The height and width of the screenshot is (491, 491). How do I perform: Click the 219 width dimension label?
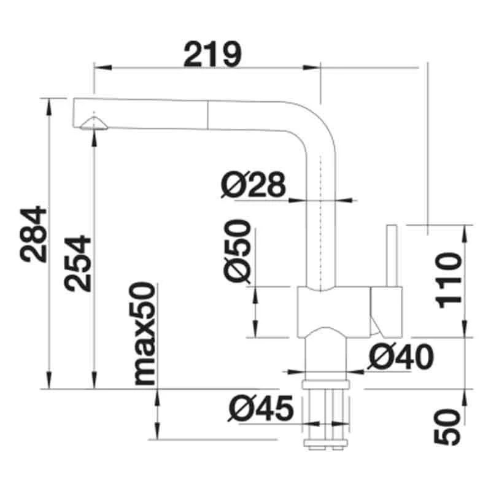[x=212, y=55]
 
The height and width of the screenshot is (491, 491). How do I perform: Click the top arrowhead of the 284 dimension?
[x=48, y=102]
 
